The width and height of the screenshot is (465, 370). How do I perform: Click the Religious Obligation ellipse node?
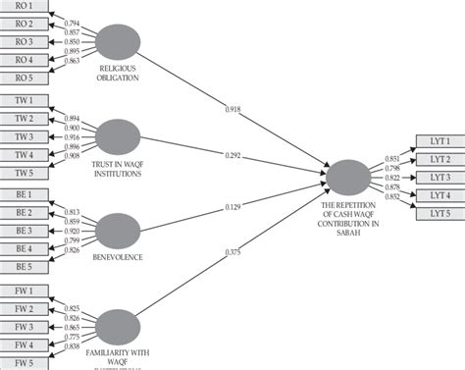pyautogui.click(x=120, y=39)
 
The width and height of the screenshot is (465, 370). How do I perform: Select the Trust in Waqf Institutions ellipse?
pyautogui.click(x=120, y=136)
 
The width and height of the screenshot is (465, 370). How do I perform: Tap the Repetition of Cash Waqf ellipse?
pyautogui.click(x=349, y=177)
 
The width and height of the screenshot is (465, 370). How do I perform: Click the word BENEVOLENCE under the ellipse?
pyautogui.click(x=118, y=257)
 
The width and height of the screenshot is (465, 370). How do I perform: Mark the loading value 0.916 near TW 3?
pyautogui.click(x=72, y=136)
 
